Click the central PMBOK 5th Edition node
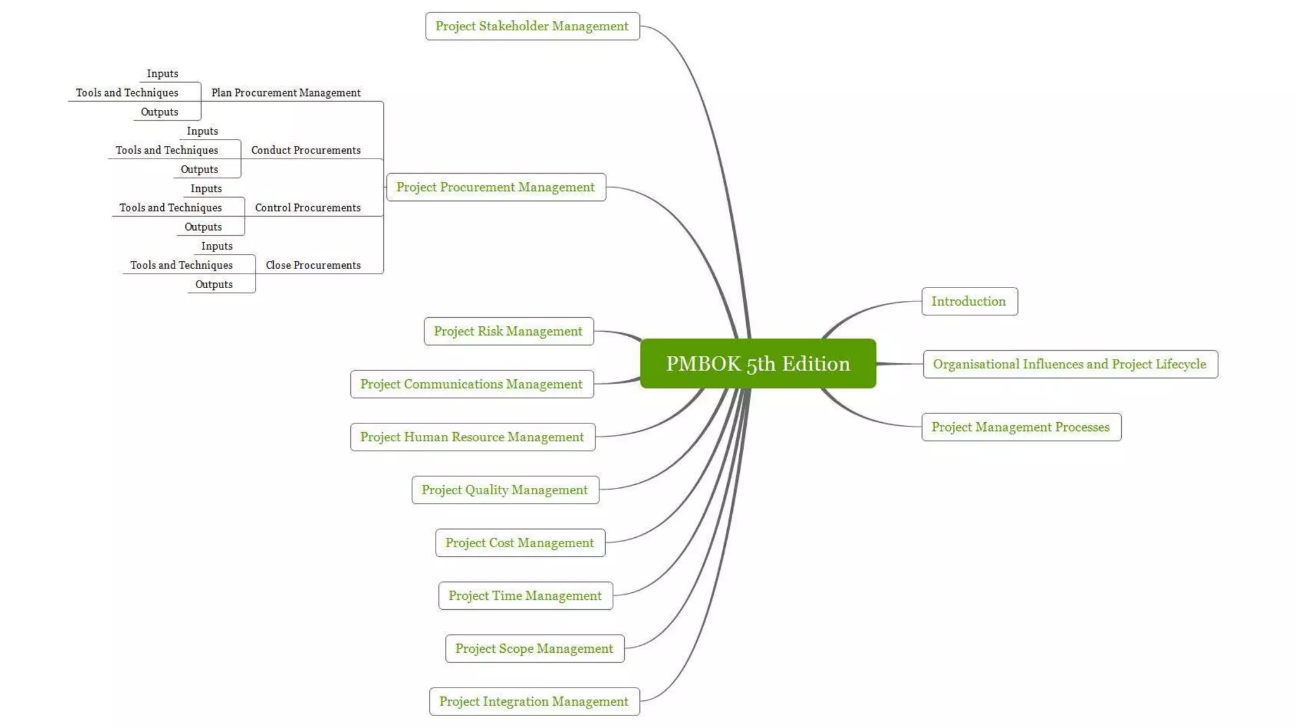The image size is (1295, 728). [x=758, y=363]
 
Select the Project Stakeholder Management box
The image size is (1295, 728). [x=532, y=26]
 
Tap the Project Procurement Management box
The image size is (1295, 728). [x=495, y=187]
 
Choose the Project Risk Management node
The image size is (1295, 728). [x=508, y=331]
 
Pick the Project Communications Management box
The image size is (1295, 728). [x=471, y=384]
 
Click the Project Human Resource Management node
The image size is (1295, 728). [x=472, y=437]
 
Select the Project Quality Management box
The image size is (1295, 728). [x=505, y=490]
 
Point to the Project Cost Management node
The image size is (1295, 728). [x=519, y=543]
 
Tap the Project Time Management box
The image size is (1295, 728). [x=525, y=595]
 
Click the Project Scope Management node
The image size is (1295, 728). [x=534, y=648]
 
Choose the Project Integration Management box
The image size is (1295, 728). [x=534, y=701]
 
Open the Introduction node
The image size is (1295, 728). [x=969, y=301]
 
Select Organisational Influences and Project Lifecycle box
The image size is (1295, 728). [x=1069, y=364]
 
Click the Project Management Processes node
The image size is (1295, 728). [x=1021, y=427]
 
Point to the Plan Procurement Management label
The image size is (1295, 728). [x=286, y=93]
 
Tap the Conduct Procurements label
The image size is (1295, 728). [x=306, y=150]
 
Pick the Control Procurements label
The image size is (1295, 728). [x=308, y=208]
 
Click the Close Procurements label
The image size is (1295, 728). [x=313, y=265]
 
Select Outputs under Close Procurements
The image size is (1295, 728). [x=214, y=284]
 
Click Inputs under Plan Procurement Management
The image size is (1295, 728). [x=163, y=74]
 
